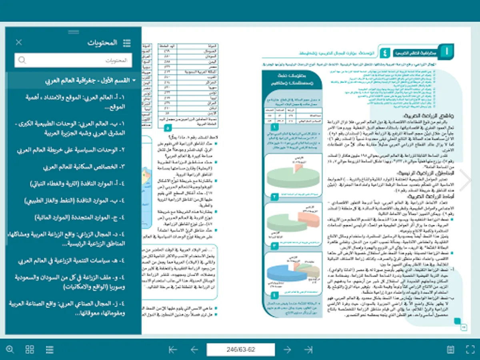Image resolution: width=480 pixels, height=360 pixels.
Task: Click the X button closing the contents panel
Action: coord(19,42)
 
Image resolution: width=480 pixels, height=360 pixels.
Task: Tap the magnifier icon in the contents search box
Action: coord(22,60)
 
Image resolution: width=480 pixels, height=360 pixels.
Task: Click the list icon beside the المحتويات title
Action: coord(127,42)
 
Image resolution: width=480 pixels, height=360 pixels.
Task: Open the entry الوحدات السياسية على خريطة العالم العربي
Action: coord(71,150)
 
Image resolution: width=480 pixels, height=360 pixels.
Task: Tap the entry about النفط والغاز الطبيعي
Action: coord(74,200)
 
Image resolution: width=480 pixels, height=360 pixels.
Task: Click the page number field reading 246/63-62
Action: coord(241,350)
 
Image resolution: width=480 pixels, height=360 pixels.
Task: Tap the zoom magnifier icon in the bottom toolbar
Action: coord(10,350)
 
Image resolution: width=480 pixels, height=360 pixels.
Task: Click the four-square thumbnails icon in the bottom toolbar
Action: coord(30,350)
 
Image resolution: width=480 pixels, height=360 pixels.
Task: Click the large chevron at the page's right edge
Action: coord(465,180)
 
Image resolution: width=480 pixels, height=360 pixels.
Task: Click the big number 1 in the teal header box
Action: coord(446,52)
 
